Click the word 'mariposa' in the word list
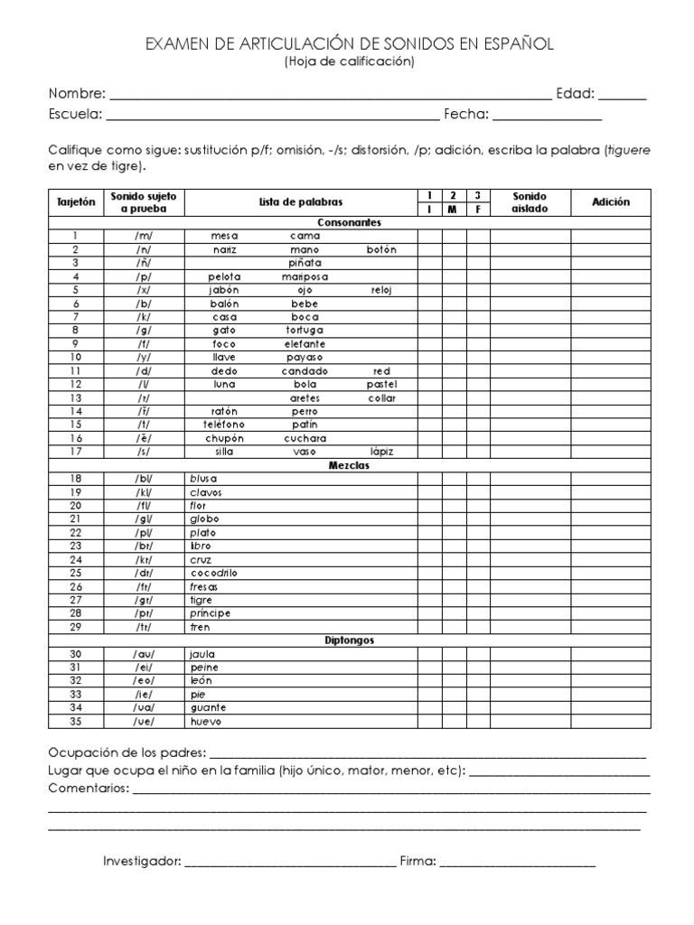point(305,276)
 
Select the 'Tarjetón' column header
point(76,202)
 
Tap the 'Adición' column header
point(611,202)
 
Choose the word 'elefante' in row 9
point(305,344)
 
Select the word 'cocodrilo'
point(213,574)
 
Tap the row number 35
point(76,722)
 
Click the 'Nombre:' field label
point(77,93)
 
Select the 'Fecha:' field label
point(465,114)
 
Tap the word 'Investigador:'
point(142,862)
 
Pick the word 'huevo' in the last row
point(205,722)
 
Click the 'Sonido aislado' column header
point(530,202)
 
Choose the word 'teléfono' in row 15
point(224,425)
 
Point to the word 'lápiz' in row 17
point(381,452)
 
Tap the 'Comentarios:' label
point(89,789)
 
